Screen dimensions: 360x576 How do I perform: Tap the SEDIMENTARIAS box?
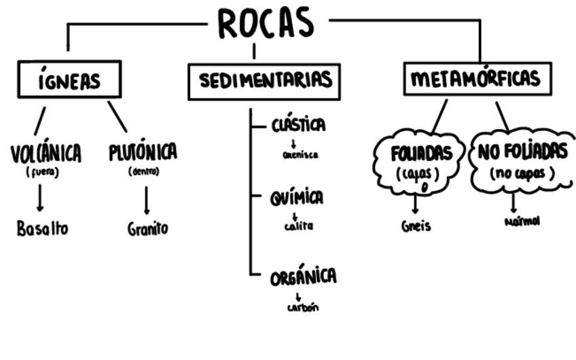pos(264,81)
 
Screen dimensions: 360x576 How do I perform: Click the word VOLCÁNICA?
pos(46,154)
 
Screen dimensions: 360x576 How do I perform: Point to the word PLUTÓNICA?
pos(143,152)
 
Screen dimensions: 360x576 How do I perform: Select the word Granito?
pos(147,229)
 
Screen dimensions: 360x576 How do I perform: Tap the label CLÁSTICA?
pos(298,126)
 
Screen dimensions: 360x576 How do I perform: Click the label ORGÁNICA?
pos(303,277)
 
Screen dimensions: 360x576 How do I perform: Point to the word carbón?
pos(301,307)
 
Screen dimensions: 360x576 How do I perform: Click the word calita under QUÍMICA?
pos(298,227)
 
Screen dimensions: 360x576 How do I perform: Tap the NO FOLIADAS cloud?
pos(522,161)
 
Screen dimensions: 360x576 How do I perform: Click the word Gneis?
pos(416,226)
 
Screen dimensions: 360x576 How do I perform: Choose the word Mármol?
pos(522,222)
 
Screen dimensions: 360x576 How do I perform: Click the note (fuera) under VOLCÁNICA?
pos(42,173)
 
